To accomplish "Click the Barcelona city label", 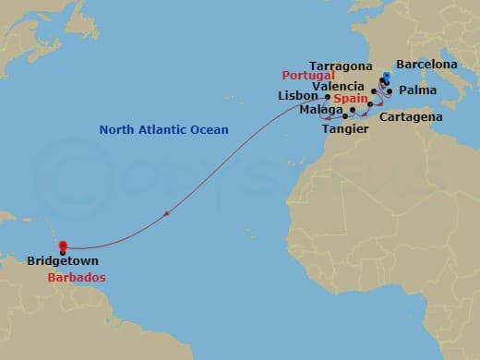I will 426,65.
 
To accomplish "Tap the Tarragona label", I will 341,67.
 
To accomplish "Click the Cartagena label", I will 410,117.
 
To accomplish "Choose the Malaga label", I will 318,109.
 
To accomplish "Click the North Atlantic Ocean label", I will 164,130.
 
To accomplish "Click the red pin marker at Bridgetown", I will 63,246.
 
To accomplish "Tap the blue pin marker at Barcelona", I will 386,77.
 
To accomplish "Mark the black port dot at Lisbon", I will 328,96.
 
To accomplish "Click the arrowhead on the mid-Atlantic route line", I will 166,214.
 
